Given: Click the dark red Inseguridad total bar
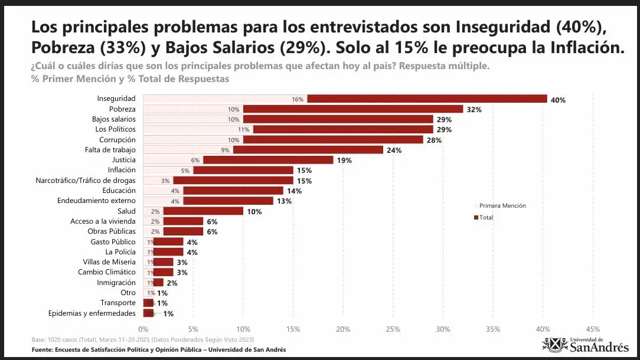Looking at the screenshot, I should tap(426, 99).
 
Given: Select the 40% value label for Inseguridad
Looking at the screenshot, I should tap(558, 100).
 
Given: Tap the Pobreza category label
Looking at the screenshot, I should tap(122, 109).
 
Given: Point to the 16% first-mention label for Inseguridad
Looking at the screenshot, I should tap(297, 99).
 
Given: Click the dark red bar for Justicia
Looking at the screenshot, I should tap(268, 160).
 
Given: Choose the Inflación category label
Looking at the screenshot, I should tap(122, 171).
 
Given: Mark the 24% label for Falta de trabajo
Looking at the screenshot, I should tap(394, 150).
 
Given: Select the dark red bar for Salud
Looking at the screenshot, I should tap(203, 211).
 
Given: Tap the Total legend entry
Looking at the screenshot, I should tap(485, 218).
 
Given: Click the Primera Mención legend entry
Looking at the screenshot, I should tap(501, 205).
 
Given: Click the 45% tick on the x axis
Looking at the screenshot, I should tap(593, 329).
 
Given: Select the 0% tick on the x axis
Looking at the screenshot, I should tap(143, 329).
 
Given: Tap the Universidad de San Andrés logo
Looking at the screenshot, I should tap(585, 345).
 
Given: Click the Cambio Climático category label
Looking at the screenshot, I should tap(106, 272).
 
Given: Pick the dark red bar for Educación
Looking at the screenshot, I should tap(233, 191).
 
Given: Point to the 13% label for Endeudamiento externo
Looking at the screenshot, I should tap(284, 201).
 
